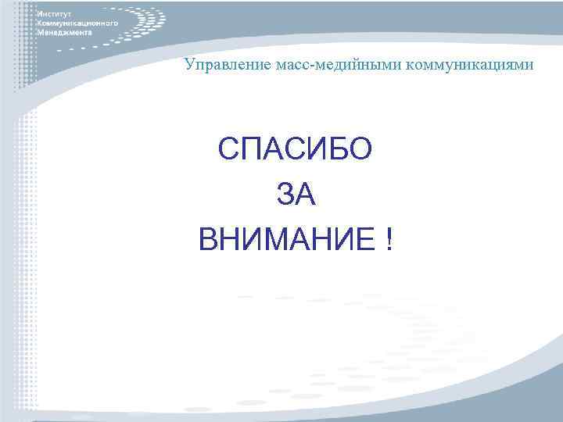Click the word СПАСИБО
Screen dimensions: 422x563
[x=296, y=148]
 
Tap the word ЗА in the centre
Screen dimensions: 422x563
[x=296, y=194]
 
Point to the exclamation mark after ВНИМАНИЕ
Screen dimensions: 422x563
[x=389, y=240]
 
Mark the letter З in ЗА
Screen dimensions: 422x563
[x=285, y=194]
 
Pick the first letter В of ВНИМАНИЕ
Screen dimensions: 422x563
[x=210, y=240]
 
